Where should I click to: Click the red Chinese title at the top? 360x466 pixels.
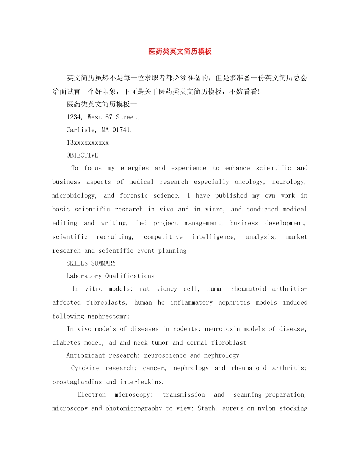pyautogui.click(x=180, y=52)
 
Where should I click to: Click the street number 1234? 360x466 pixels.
pyautogui.click(x=74, y=117)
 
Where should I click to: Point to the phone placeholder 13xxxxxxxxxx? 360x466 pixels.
pyautogui.click(x=88, y=143)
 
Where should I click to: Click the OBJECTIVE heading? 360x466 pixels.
pyautogui.click(x=82, y=155)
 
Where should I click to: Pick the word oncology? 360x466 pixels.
pyautogui.click(x=249, y=182)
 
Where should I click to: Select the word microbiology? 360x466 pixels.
pyautogui.click(x=74, y=195)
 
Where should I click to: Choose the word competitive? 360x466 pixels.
pyautogui.click(x=163, y=237)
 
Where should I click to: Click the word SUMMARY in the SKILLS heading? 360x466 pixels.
pyautogui.click(x=103, y=263)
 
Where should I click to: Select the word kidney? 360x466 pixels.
pyautogui.click(x=166, y=289)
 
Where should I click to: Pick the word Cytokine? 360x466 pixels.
pyautogui.click(x=85, y=368)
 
